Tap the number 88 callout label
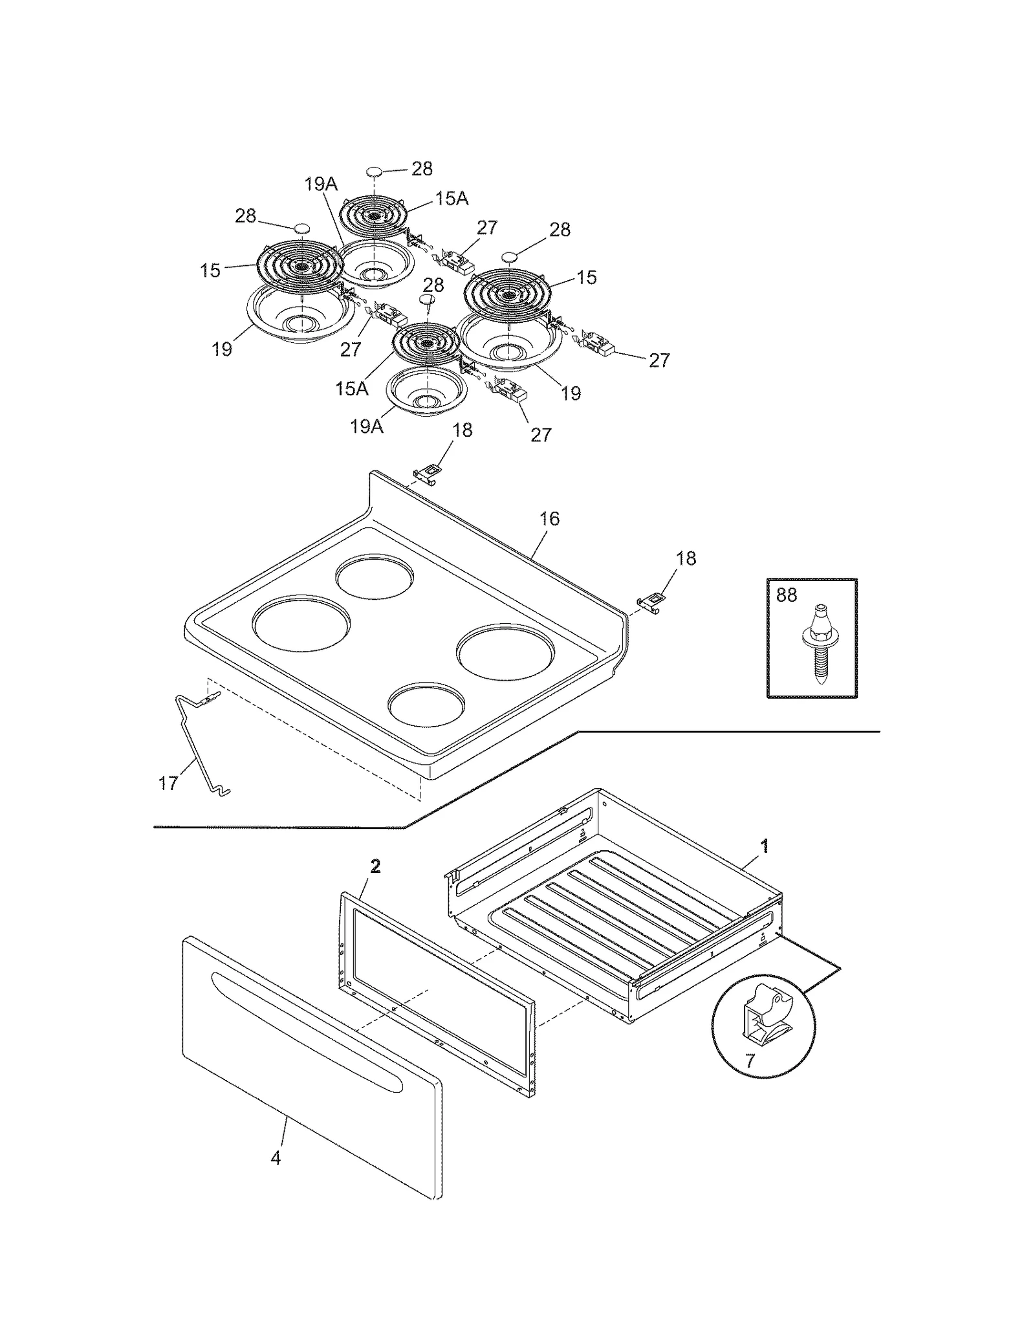[x=786, y=595]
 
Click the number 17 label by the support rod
[x=168, y=784]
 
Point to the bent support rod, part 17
[x=194, y=744]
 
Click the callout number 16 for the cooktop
[x=549, y=519]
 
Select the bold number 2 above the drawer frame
[x=375, y=866]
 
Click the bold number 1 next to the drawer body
[x=765, y=845]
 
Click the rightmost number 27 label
[x=659, y=360]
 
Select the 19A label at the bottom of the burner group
[x=367, y=426]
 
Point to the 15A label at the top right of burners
[x=452, y=199]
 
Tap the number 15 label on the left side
[x=210, y=270]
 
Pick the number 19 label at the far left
[x=222, y=349]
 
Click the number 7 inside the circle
[x=750, y=1061]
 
